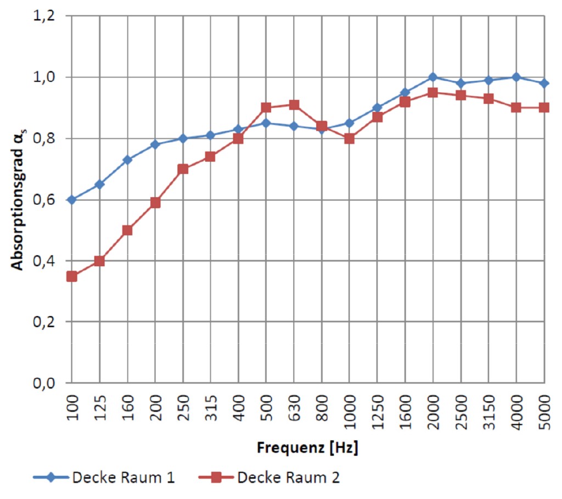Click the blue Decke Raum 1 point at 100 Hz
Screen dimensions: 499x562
[x=71, y=200]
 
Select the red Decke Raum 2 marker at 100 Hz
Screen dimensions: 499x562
[x=71, y=276]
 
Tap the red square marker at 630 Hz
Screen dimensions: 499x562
[x=294, y=105]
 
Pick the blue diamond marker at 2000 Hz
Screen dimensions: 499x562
[x=432, y=77]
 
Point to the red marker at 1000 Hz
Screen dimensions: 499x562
[x=349, y=138]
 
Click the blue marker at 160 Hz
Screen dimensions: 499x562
[x=127, y=160]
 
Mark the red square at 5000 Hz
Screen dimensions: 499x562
[x=544, y=108]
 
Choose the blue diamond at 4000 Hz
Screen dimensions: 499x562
[x=516, y=77]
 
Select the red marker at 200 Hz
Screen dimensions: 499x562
[x=155, y=203]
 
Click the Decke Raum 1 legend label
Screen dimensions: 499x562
[x=123, y=478]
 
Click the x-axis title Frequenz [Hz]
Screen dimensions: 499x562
[x=307, y=448]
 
